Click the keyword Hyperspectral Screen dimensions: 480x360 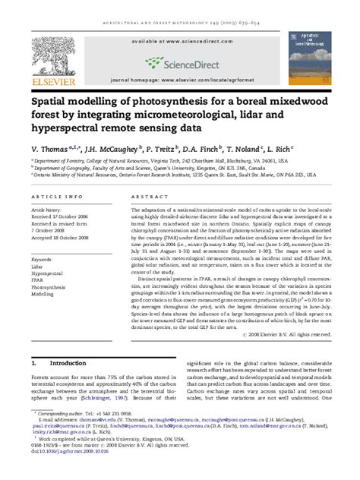47,275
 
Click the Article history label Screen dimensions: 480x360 48,208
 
